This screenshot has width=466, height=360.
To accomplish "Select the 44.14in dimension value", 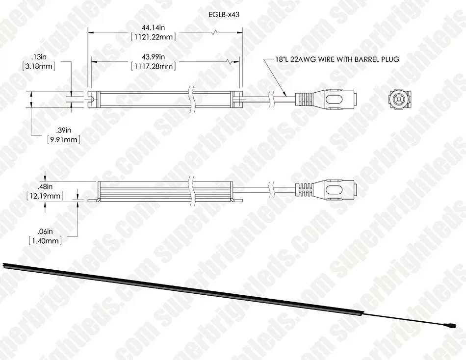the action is (154, 28).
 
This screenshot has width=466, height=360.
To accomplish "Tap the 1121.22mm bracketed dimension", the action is (154, 37).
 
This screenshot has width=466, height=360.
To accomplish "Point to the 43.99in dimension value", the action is (154, 57).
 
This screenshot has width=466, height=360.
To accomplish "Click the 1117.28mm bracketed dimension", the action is (154, 66).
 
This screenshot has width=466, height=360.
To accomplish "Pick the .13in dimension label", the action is (39, 57).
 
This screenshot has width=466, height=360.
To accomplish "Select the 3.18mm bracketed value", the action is (39, 66).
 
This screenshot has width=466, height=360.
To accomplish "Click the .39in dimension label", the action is (64, 130).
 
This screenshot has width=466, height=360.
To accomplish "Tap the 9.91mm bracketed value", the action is (64, 139).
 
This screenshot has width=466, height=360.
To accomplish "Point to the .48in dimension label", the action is (45, 187).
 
